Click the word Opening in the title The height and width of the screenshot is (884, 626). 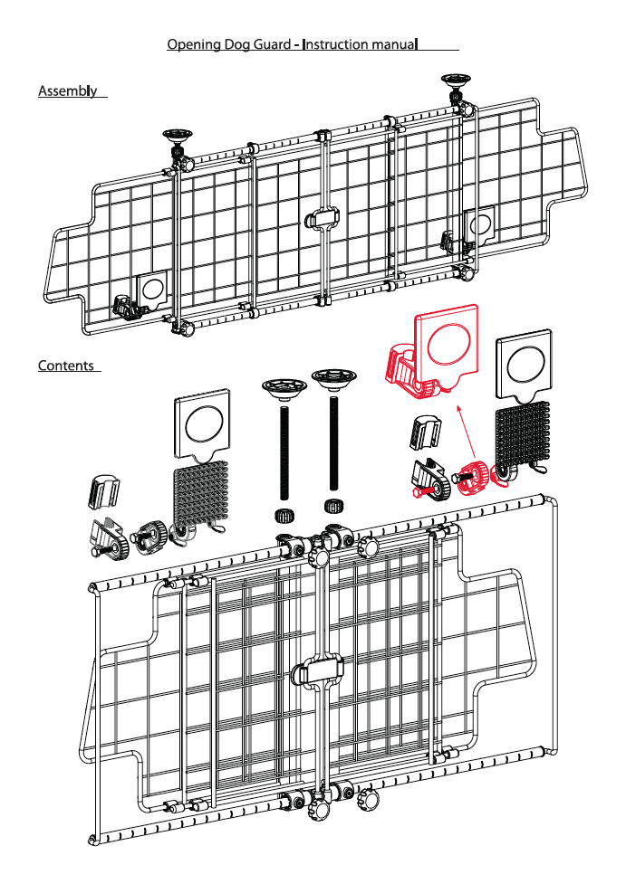192,44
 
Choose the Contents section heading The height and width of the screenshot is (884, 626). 65,366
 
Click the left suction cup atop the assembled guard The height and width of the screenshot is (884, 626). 178,137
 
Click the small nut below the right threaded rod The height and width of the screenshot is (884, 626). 332,505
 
